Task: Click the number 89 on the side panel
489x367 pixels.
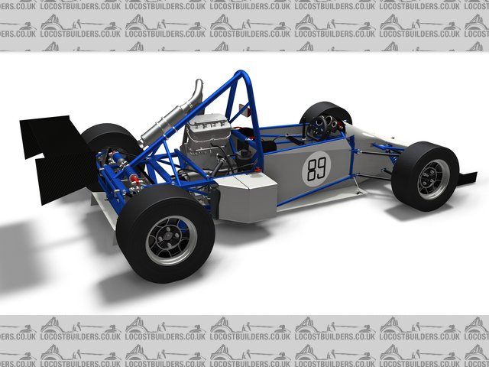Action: pos(316,169)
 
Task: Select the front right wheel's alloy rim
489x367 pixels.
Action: pos(433,179)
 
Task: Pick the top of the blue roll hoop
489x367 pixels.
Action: pos(241,73)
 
